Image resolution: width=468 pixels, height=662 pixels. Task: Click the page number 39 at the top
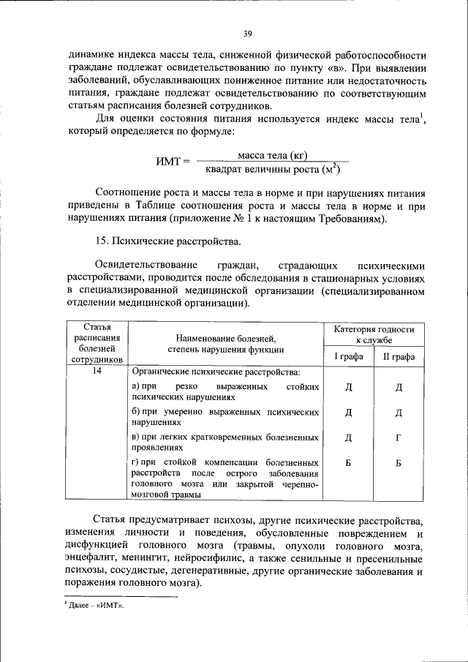(x=247, y=32)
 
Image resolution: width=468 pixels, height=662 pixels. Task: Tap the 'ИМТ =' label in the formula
(x=173, y=162)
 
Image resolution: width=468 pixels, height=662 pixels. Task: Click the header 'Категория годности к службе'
(x=374, y=335)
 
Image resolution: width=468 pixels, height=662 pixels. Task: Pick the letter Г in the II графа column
(x=399, y=437)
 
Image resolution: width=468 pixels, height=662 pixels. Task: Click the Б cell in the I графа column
(x=349, y=463)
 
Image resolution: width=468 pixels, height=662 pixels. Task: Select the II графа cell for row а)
(x=399, y=386)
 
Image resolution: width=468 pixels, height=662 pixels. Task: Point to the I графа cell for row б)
(x=349, y=412)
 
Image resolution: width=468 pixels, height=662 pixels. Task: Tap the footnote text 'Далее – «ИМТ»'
(x=96, y=606)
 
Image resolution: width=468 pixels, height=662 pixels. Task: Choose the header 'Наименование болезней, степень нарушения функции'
(x=225, y=343)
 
